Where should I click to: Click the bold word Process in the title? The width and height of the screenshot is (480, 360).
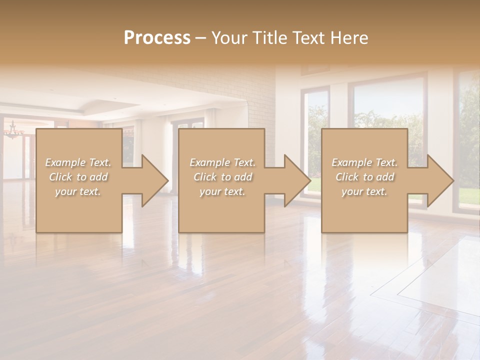point(157,37)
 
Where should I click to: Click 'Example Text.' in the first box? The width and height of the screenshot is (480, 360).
point(78,162)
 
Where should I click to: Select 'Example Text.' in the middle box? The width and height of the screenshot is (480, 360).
point(222,162)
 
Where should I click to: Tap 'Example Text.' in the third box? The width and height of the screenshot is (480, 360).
point(364,162)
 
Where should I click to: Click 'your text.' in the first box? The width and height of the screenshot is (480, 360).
point(78,191)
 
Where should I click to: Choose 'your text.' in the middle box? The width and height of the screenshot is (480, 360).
point(222,191)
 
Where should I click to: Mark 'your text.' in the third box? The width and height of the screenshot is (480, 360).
point(364,191)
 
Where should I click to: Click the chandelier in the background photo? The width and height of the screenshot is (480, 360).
point(13,131)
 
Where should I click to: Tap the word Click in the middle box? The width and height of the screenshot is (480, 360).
point(205,177)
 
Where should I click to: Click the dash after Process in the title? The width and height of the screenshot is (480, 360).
point(201,37)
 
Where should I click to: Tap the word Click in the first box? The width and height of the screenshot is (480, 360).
point(61,177)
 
